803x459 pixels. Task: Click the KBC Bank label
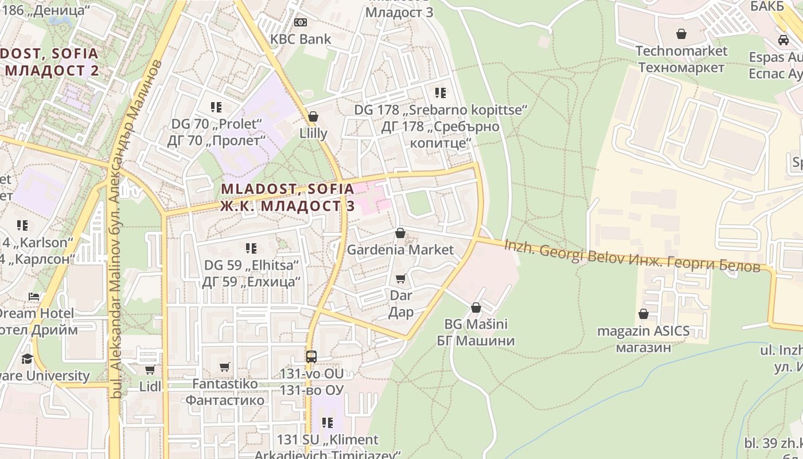click(301, 39)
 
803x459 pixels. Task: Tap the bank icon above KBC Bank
click(301, 22)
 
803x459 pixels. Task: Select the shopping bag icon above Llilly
click(313, 116)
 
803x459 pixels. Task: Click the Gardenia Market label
click(400, 250)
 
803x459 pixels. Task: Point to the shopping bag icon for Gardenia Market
click(400, 233)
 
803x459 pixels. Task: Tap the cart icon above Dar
click(401, 279)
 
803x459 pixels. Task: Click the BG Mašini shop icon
click(475, 308)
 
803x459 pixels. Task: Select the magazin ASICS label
click(643, 331)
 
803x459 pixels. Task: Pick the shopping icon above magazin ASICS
click(644, 314)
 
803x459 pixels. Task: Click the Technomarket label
click(681, 51)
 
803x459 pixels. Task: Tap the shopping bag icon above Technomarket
click(681, 34)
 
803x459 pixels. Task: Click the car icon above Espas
click(783, 40)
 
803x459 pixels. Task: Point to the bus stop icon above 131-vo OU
click(311, 356)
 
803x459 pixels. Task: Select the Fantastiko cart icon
click(225, 367)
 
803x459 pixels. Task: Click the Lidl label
click(150, 387)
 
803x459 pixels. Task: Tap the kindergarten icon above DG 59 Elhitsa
click(251, 248)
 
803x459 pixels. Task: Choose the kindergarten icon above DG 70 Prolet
click(216, 107)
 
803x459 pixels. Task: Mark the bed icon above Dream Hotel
click(34, 297)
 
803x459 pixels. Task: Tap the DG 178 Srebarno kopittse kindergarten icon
click(440, 92)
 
